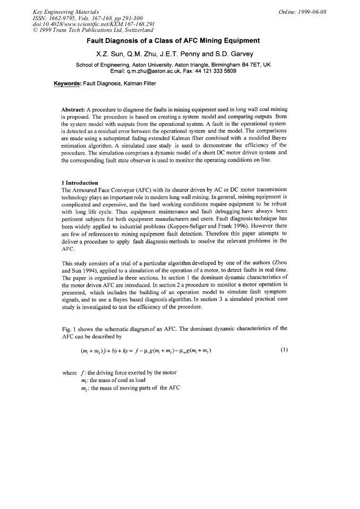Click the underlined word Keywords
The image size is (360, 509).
(x=68, y=83)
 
